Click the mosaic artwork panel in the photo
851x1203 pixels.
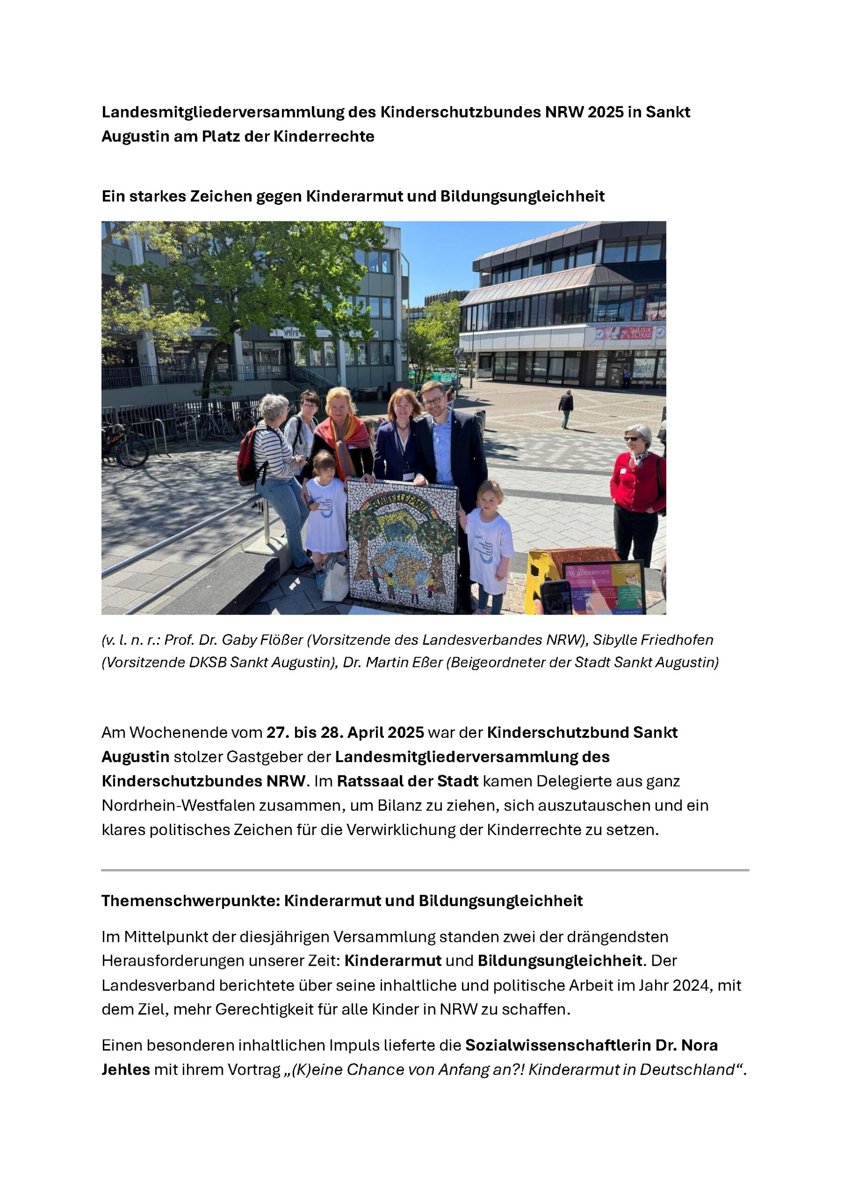tap(402, 545)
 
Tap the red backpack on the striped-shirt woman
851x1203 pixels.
tap(248, 455)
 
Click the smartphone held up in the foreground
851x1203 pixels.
tap(555, 597)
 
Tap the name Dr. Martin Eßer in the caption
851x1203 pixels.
tap(393, 662)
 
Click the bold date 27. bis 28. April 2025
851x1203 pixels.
tap(345, 733)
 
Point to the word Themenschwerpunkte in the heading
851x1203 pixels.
tap(190, 901)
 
